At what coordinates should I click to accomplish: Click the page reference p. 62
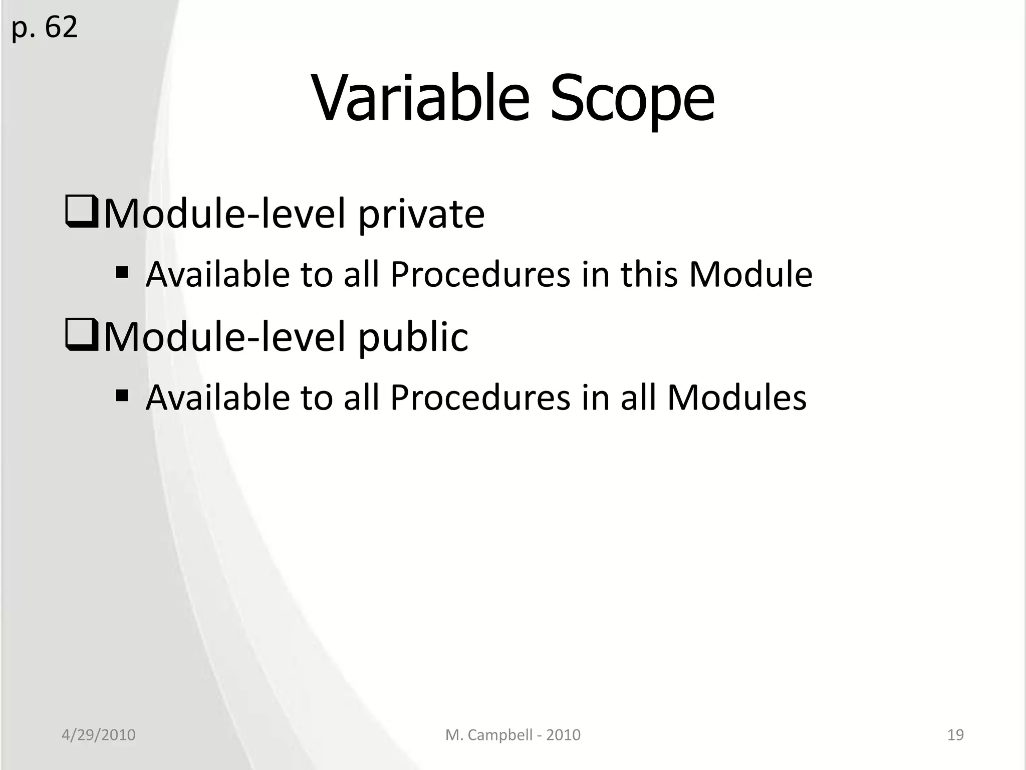point(44,28)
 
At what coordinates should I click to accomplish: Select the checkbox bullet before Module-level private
point(81,213)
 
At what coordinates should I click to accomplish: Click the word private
point(421,215)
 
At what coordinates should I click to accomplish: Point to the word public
point(413,337)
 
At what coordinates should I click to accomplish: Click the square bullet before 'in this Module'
point(122,274)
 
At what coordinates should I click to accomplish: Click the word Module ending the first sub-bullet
point(750,275)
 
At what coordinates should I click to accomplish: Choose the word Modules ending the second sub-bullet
point(736,398)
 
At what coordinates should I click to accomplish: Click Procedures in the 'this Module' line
point(480,275)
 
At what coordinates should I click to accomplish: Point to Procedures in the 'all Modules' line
point(480,398)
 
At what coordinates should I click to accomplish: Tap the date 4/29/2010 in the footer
point(98,735)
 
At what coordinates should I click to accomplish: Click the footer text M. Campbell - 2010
point(512,735)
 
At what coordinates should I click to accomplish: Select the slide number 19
point(955,735)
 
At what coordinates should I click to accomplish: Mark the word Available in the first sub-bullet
point(217,275)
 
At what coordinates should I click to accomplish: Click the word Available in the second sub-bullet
point(217,398)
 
